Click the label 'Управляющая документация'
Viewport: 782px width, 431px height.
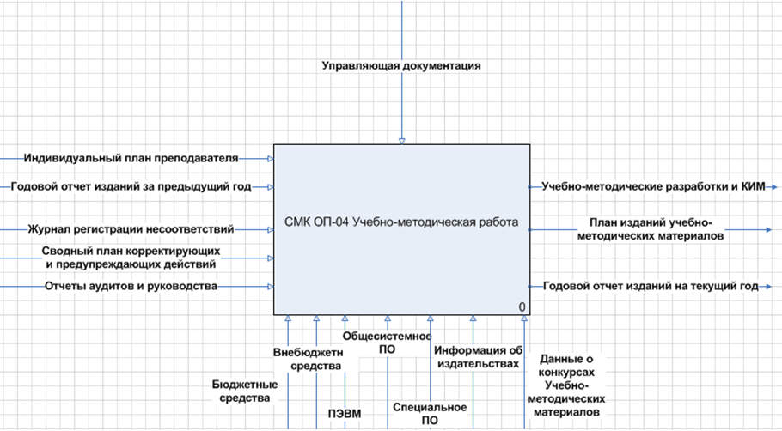[x=401, y=65]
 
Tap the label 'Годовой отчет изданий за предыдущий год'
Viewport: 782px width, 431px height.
[x=131, y=186]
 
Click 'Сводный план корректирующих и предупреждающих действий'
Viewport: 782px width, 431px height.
[x=131, y=258]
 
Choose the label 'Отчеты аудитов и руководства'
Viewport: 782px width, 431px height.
[x=131, y=286]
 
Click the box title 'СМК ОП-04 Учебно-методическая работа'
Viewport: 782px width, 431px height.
[x=401, y=223]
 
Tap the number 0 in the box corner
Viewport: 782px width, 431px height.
[x=522, y=307]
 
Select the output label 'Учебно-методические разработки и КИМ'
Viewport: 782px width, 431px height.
[x=653, y=186]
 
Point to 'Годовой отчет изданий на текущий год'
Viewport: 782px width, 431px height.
[x=650, y=287]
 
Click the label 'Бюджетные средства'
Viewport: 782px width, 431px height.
[x=245, y=392]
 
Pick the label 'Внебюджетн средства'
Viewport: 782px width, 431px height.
[x=308, y=359]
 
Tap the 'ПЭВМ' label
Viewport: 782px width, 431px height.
[x=345, y=415]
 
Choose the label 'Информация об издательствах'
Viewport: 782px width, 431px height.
[x=478, y=356]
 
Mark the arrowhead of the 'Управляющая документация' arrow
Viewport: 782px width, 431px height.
[x=401, y=141]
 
